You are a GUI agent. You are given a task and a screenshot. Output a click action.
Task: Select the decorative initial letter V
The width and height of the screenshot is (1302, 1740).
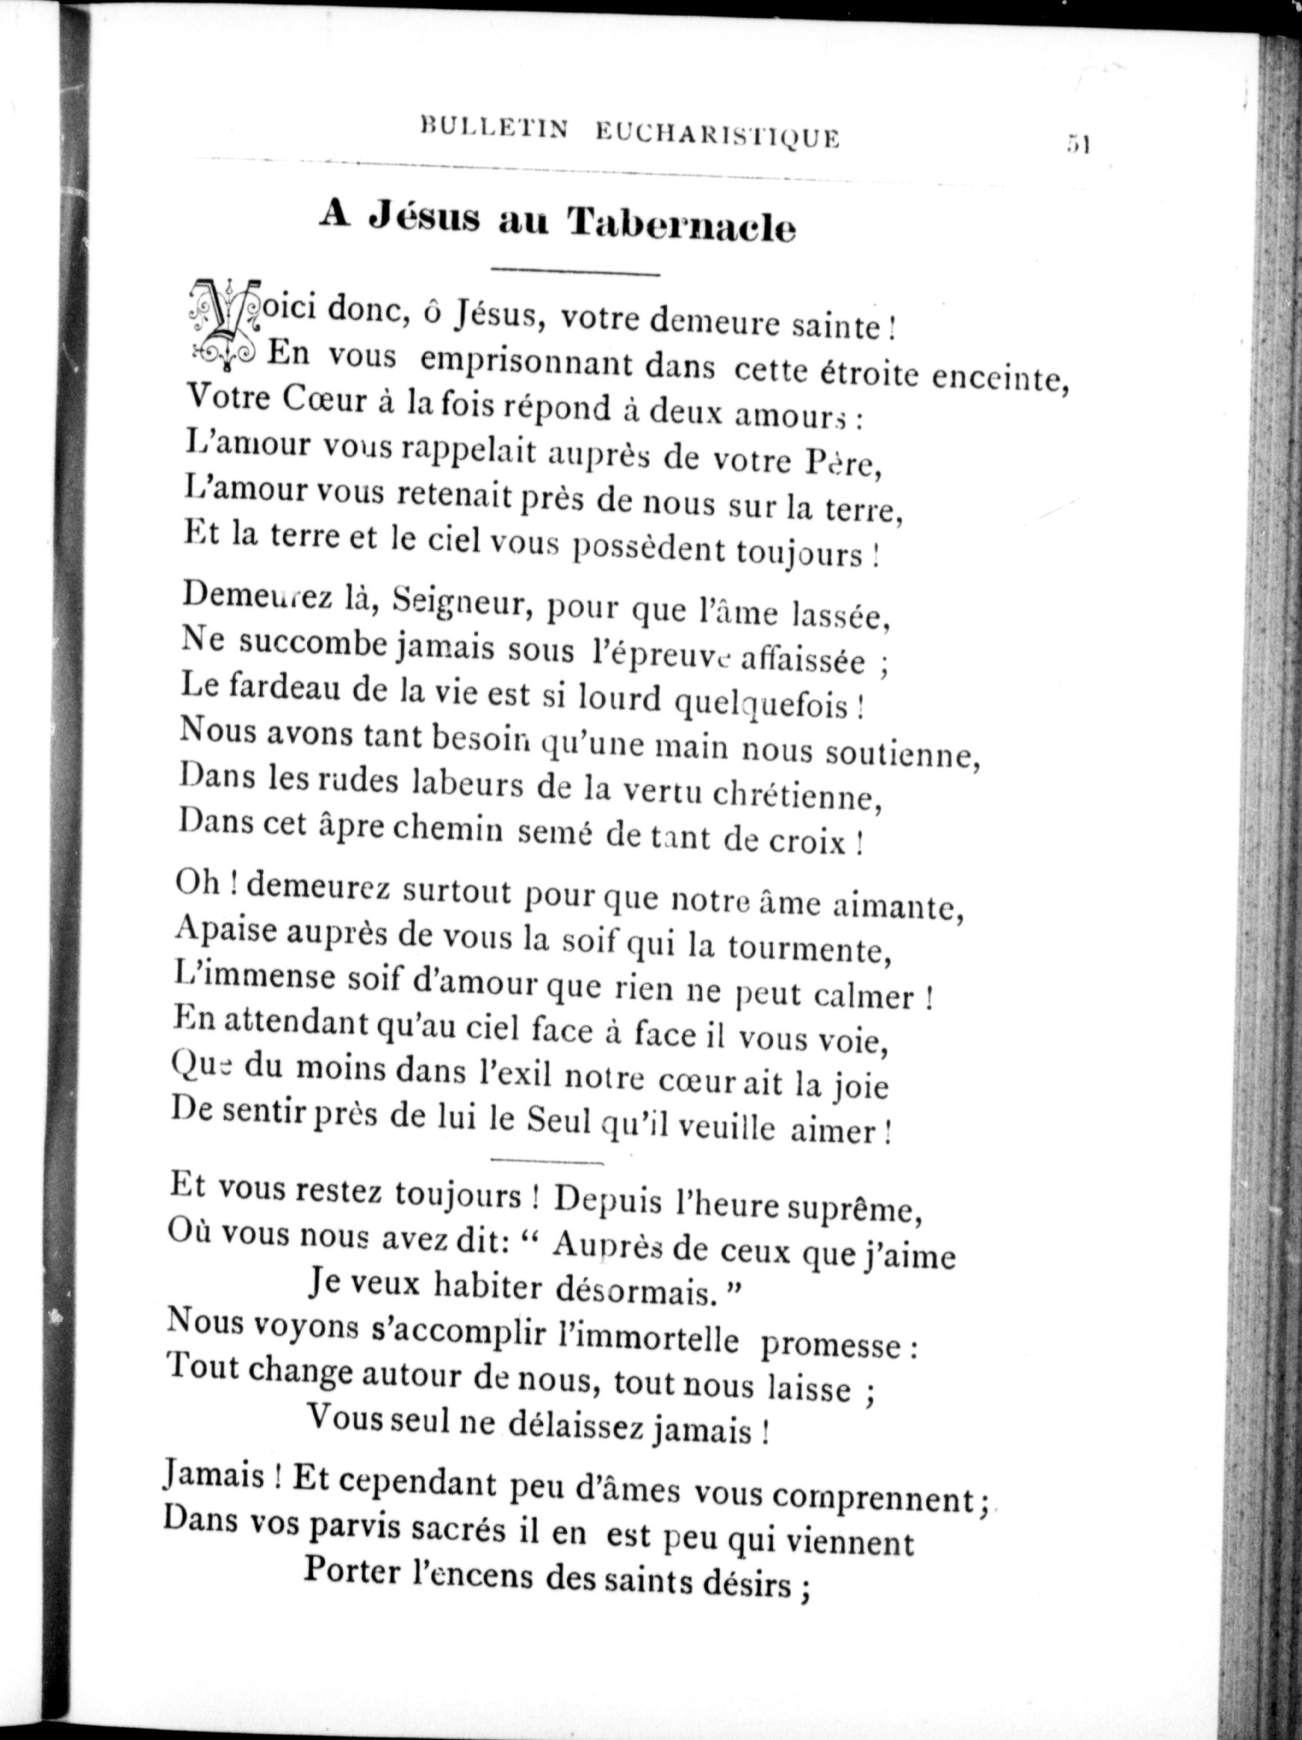pos(223,322)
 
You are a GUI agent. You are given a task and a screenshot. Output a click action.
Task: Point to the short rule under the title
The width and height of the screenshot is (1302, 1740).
pos(575,273)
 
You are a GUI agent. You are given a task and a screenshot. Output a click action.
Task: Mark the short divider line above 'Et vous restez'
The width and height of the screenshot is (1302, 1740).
pos(546,1160)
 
